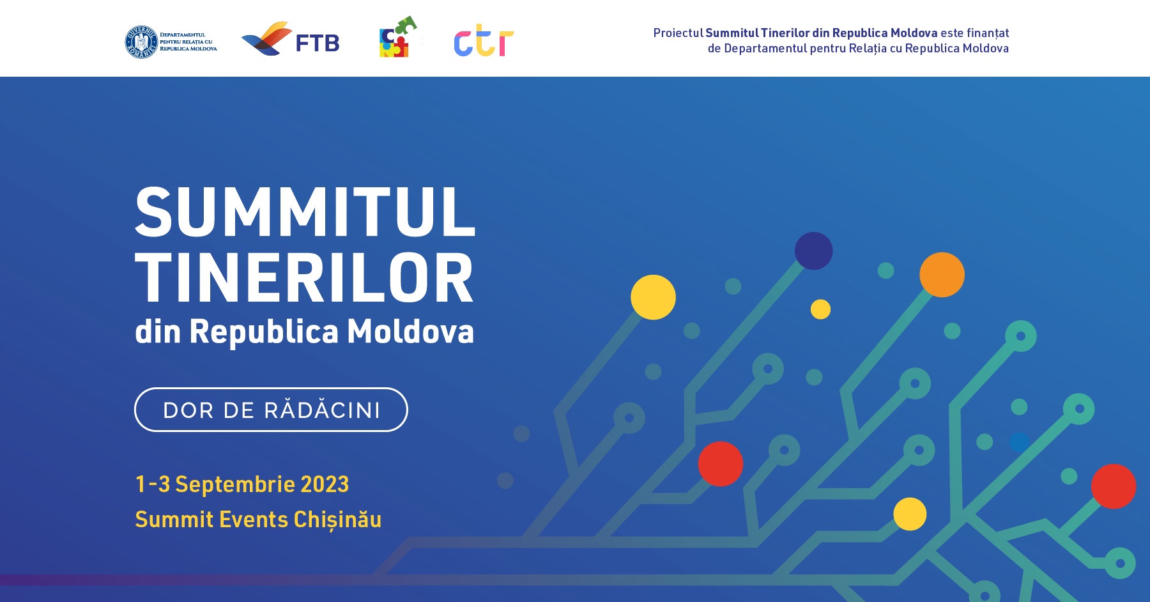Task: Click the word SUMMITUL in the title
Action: click(x=305, y=212)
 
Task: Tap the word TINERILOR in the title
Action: click(x=304, y=278)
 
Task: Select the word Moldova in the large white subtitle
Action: click(x=410, y=331)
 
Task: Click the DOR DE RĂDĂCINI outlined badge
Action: click(x=271, y=410)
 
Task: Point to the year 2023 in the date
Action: click(x=325, y=484)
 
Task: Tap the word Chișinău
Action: click(x=337, y=520)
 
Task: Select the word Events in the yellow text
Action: click(x=254, y=520)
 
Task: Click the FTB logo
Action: click(x=291, y=40)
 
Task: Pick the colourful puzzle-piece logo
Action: click(x=398, y=37)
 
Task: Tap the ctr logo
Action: click(x=484, y=42)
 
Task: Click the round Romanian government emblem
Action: click(x=141, y=42)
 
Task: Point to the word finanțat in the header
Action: click(x=988, y=33)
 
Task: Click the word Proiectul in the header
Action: click(x=678, y=33)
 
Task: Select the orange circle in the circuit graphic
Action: click(x=942, y=275)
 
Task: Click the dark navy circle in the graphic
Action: click(x=813, y=251)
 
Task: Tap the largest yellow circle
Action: click(x=653, y=297)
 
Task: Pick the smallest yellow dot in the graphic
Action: click(x=820, y=309)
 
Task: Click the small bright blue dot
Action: click(x=1019, y=442)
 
